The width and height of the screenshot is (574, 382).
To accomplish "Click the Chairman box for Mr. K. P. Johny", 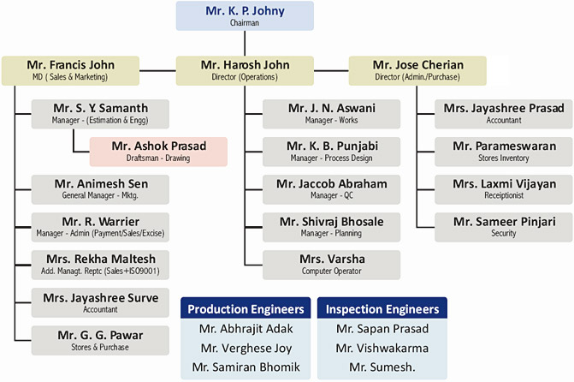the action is point(245,15).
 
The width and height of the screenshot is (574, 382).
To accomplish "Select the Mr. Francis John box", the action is point(70,71).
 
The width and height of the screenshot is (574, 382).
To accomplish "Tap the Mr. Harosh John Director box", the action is point(245,71).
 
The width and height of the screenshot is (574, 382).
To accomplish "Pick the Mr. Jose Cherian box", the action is point(417,71).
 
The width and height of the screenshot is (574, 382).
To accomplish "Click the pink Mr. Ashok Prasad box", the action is point(158,152).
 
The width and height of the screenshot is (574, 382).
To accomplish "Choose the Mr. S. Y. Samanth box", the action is point(100,114).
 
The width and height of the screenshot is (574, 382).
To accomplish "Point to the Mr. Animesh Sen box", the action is point(100,189).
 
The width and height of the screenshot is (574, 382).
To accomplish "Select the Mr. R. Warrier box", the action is point(100,227).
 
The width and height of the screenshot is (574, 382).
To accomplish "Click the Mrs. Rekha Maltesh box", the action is point(100,265).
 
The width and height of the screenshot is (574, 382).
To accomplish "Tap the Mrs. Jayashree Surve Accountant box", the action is point(100,303).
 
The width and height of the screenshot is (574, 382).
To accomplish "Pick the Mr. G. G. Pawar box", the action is point(100,341).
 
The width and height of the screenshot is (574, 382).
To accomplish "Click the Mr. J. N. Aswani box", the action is point(331,114).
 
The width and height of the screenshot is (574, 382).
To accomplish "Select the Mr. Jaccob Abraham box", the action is point(331,189).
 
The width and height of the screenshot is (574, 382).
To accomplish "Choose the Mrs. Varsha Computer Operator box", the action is point(331,265).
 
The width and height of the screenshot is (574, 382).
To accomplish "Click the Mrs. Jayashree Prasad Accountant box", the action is point(504,114).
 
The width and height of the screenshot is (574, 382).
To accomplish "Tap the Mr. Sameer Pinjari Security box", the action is point(504,227).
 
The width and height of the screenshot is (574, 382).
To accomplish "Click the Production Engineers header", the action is point(246,308).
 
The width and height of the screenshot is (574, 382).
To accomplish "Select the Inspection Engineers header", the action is point(382,308).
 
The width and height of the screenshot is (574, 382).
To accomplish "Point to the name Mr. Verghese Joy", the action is point(246,349).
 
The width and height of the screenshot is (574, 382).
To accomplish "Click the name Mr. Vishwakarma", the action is point(382,348).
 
